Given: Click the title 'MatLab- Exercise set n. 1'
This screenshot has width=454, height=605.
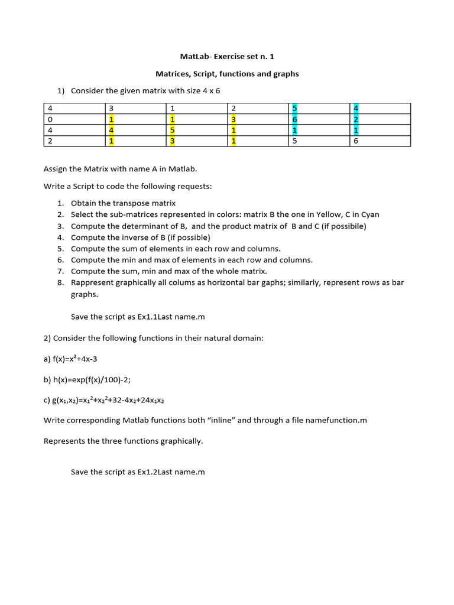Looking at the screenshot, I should click(x=227, y=57).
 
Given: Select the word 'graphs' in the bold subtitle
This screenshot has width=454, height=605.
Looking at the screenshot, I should click(x=286, y=74).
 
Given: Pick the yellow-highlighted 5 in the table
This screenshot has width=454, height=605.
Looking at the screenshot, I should click(x=172, y=131).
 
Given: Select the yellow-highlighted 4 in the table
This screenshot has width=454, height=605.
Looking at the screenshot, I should click(x=111, y=131).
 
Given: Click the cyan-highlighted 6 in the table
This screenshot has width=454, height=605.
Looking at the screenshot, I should click(x=295, y=119).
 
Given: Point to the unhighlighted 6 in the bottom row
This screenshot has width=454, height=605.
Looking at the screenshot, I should click(x=356, y=141).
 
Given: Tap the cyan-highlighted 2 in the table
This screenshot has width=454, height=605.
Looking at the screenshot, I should click(x=356, y=119).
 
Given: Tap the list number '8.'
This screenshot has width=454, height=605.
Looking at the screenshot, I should click(x=60, y=282).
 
